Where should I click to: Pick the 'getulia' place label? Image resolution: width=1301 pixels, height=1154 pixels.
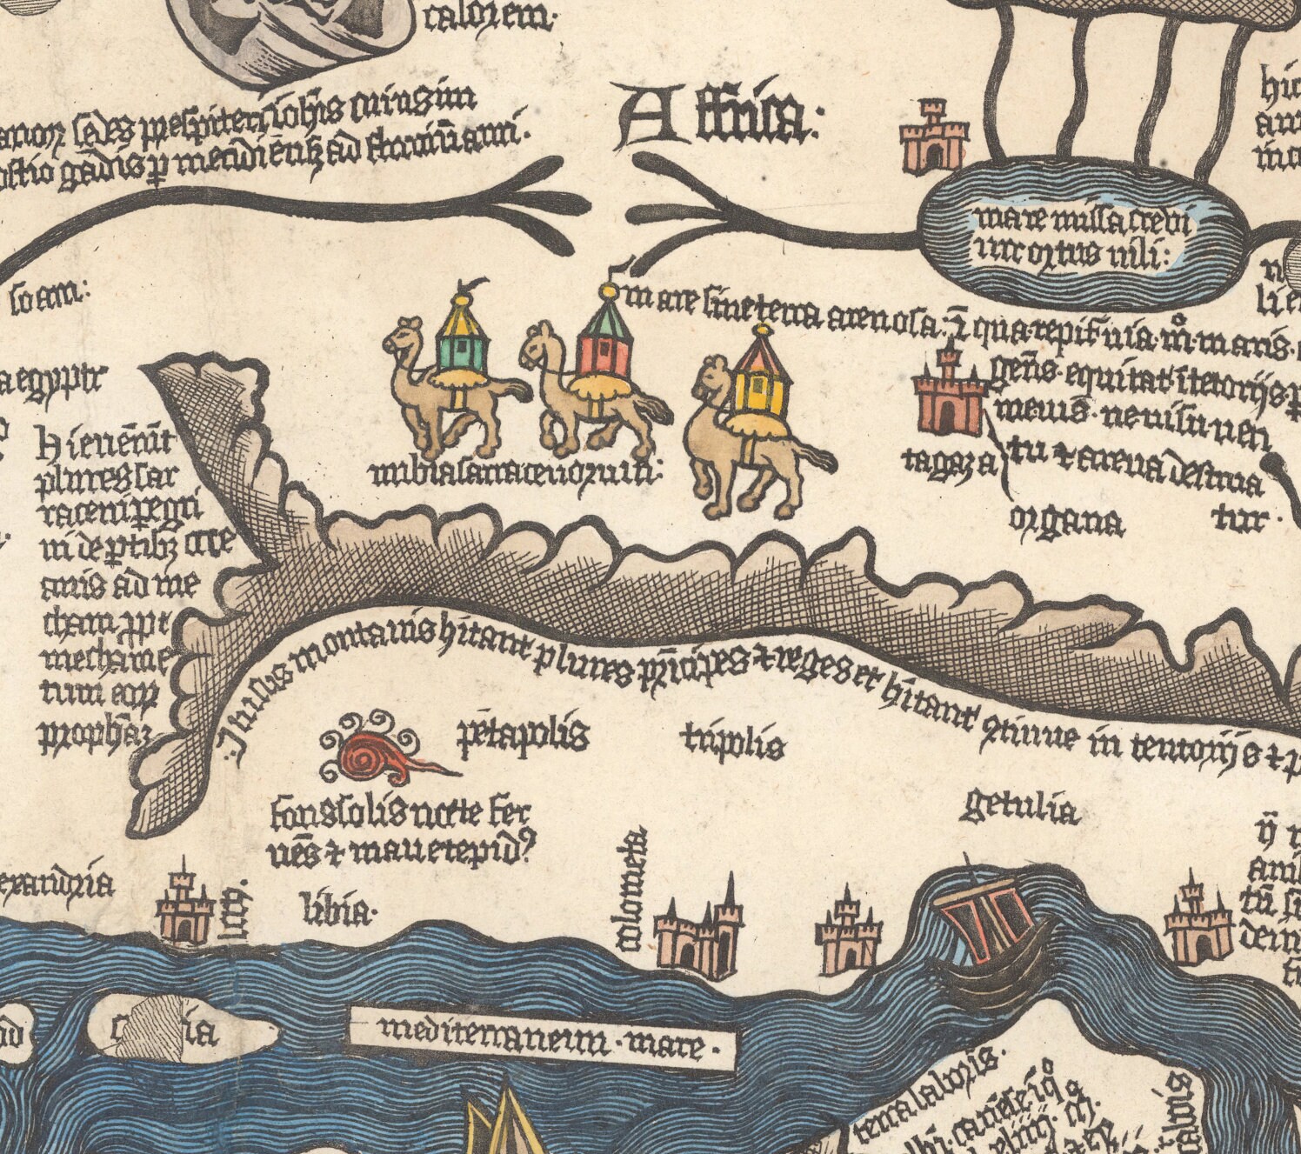[x=1020, y=810]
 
